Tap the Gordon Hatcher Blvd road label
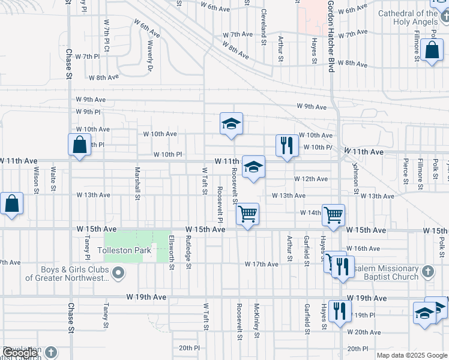click(330, 37)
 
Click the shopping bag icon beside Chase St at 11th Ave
click(79, 145)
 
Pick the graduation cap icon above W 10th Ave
click(231, 124)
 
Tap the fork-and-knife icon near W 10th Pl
click(287, 146)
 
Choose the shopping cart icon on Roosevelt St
click(247, 214)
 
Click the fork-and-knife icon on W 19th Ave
click(340, 311)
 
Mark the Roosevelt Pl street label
click(220, 202)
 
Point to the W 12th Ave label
click(311, 179)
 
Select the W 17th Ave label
click(262, 264)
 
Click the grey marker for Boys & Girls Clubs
click(118, 274)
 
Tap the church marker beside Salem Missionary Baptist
click(427, 271)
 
